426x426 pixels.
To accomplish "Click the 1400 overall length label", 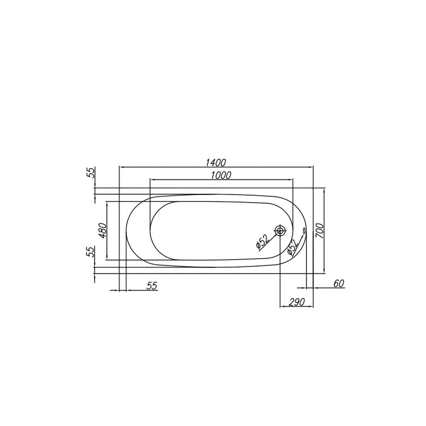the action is coord(216,162).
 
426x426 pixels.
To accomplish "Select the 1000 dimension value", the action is coord(221,176).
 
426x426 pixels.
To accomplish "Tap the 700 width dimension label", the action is coord(320,230).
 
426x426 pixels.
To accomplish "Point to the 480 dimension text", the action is coord(103,230).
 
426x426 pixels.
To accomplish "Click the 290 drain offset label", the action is coord(296,302).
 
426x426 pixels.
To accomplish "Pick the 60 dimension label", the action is coord(339,283).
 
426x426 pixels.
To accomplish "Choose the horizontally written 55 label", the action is coord(152,286).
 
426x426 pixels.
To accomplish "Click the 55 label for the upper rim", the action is coord(92,173).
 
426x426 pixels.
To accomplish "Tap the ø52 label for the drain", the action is coord(262,241).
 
